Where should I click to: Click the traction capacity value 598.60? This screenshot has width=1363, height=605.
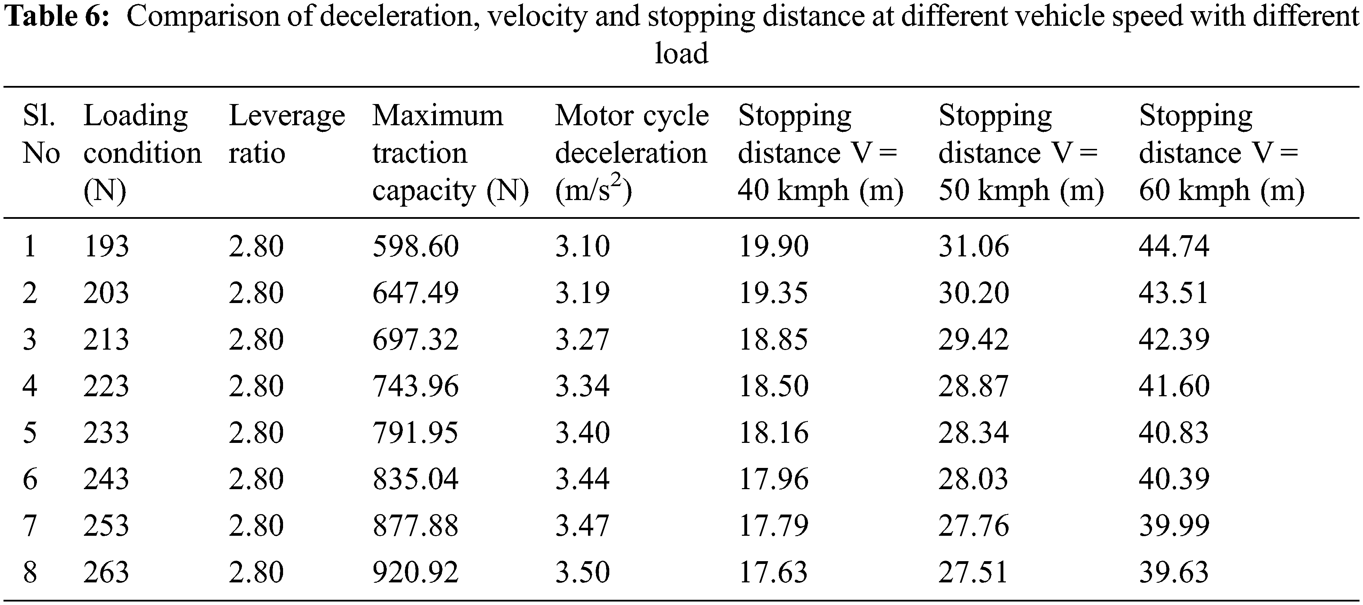(415, 246)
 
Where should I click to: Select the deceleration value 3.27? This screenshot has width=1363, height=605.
(582, 340)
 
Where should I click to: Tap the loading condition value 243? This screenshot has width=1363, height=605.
(106, 479)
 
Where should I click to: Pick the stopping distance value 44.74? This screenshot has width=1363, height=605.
(1174, 246)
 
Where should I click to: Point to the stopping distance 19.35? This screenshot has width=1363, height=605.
(773, 293)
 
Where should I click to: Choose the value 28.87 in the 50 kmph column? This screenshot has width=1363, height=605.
(973, 386)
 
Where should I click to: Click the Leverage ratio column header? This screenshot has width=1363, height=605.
(286, 134)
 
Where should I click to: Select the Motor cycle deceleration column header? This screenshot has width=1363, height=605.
(631, 152)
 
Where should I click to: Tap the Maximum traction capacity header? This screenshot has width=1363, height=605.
(450, 152)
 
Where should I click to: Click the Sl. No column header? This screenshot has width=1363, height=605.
(41, 134)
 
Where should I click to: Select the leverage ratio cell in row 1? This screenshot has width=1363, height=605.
(256, 246)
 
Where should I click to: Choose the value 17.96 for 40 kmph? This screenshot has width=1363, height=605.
(773, 479)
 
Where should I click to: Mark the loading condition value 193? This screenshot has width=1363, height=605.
(106, 246)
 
